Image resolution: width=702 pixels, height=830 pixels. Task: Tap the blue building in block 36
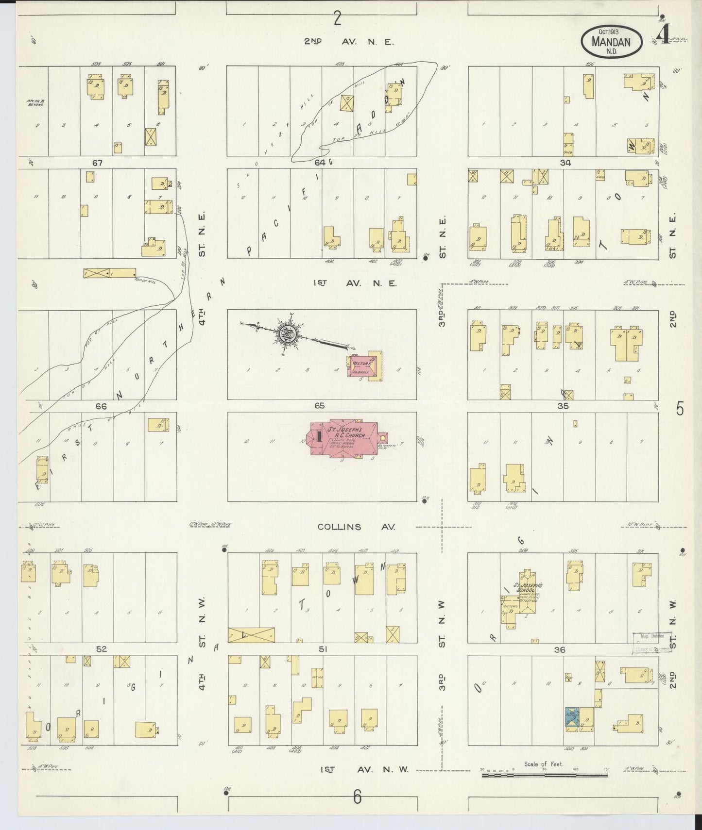572,719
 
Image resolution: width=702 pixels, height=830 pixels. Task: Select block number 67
97,163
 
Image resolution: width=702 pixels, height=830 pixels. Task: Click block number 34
565,163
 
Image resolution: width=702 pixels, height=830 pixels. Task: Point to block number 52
101,648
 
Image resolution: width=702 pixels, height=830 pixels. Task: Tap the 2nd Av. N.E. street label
349,42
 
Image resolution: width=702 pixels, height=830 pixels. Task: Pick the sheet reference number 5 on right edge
680,409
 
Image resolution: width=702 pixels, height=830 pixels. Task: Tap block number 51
323,649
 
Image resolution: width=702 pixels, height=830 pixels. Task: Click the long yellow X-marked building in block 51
251,635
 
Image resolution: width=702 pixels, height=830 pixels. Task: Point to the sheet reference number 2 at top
337,18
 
